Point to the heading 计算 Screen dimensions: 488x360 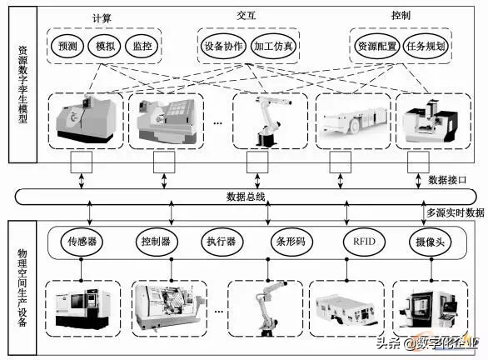[x=102, y=18]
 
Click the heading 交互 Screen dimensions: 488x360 [x=246, y=15]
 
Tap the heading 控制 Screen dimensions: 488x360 [x=401, y=15]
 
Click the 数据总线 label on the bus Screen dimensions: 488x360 [x=246, y=197]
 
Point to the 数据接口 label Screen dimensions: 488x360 [x=447, y=180]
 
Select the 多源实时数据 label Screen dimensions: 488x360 [x=455, y=212]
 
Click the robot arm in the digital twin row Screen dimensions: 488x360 [x=268, y=121]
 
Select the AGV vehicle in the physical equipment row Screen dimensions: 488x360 [x=346, y=309]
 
